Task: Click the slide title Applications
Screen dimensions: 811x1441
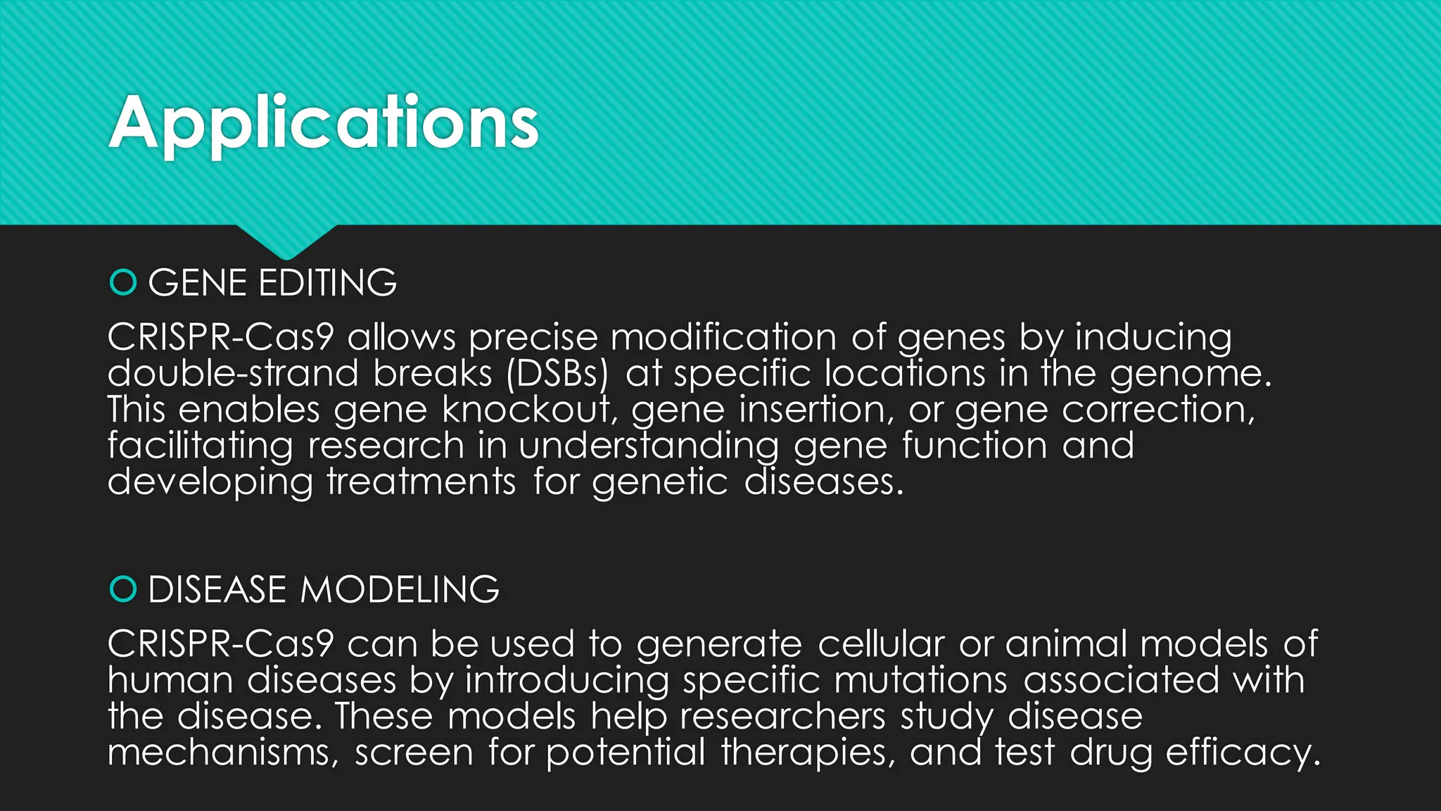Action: [x=324, y=123]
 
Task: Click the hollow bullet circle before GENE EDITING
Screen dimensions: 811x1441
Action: [x=123, y=283]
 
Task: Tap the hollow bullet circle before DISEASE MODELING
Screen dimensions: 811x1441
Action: [x=123, y=589]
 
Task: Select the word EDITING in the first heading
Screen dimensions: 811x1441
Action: [x=327, y=283]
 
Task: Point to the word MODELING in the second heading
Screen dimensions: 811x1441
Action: [x=399, y=589]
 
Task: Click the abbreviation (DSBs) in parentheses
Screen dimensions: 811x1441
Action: [x=557, y=374]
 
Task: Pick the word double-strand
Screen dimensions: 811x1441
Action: [x=233, y=374]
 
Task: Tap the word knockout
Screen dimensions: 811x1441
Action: [x=528, y=410]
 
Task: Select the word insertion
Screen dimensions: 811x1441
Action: [x=816, y=410]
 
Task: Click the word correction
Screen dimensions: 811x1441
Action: [x=1157, y=410]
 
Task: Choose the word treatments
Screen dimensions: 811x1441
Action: [x=421, y=482]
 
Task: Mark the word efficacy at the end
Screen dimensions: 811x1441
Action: [x=1243, y=753]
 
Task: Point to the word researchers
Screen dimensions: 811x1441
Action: [x=782, y=717]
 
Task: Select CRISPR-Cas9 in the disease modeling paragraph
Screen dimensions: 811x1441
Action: [x=220, y=644]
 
